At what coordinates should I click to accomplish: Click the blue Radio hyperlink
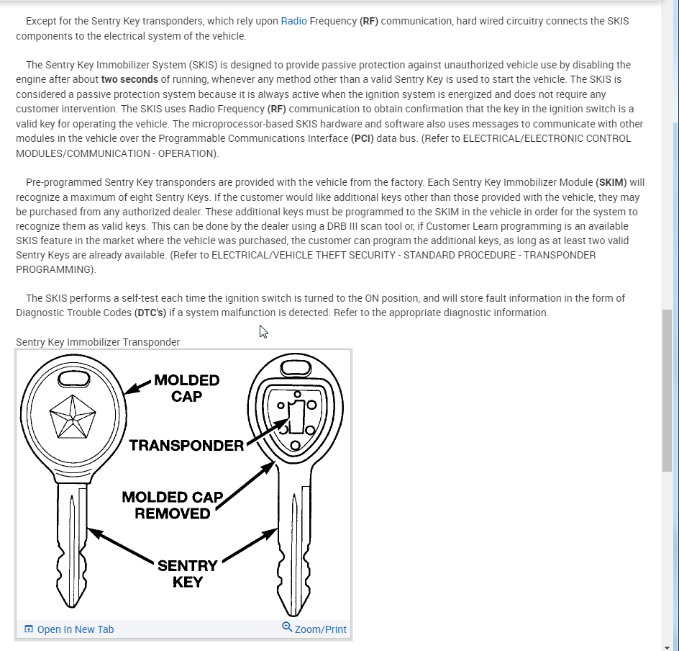point(293,21)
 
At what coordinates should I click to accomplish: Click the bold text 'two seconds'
point(129,79)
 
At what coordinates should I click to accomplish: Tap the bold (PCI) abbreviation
point(362,138)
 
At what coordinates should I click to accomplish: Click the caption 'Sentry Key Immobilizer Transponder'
point(98,342)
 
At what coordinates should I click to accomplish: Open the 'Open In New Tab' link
point(75,629)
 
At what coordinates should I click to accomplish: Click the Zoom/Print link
point(320,629)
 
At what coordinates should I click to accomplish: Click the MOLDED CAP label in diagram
point(186,387)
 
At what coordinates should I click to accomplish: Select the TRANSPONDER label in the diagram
point(186,446)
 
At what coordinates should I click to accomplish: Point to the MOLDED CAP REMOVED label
point(173,505)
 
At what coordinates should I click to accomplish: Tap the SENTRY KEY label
point(187,573)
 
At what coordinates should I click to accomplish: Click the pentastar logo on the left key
point(73,417)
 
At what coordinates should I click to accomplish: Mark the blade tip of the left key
point(73,603)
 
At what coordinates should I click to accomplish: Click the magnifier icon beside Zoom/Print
point(287,627)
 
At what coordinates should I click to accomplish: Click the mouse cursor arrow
point(263,331)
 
